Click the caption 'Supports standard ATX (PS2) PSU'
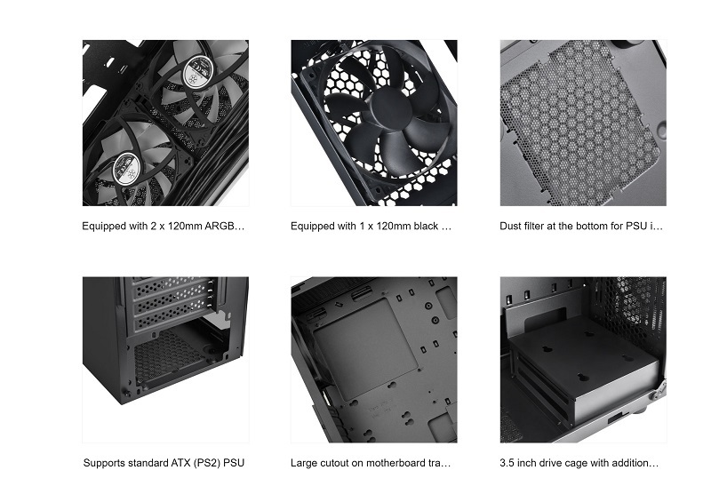(x=164, y=463)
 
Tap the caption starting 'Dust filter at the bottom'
(x=581, y=226)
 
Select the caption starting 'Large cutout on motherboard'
(x=371, y=463)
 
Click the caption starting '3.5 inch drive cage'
(x=579, y=463)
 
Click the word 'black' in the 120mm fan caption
(x=424, y=226)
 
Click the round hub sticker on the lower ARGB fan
(x=126, y=168)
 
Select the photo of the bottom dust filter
(x=583, y=123)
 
